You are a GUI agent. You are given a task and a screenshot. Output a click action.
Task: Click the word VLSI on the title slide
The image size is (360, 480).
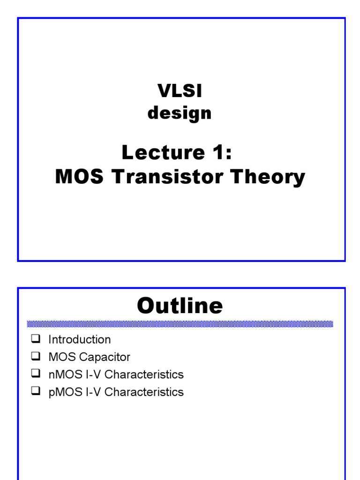[x=180, y=92]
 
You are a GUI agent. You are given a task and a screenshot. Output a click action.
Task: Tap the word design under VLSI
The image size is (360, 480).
[x=180, y=113]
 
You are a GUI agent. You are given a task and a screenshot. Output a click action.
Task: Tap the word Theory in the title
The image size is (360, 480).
[x=273, y=177]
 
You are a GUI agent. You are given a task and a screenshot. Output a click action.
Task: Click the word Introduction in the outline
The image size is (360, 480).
[x=80, y=339]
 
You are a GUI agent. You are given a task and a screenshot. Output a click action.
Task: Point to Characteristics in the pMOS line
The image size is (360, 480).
[x=144, y=392]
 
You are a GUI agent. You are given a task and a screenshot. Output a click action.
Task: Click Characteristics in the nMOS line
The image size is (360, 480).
[x=144, y=375]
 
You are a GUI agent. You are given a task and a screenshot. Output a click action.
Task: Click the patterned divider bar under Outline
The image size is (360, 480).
[x=180, y=324]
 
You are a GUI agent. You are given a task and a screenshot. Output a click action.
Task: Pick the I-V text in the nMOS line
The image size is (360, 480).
[x=92, y=375]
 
